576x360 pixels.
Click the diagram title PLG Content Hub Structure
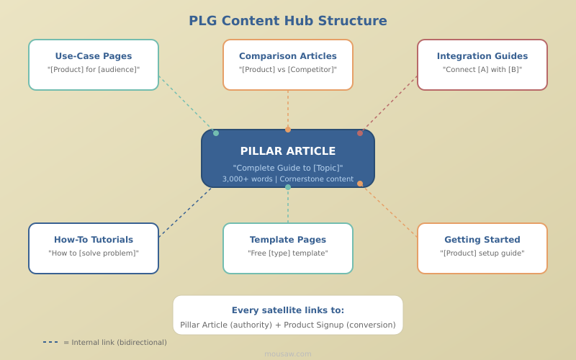[x=288, y=21]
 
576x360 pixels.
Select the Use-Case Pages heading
[x=94, y=56]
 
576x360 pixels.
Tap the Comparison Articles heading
[x=288, y=56]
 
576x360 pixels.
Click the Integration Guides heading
[x=482, y=56]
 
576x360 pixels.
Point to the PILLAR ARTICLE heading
[x=288, y=151]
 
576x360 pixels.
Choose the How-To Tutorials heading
[x=94, y=240]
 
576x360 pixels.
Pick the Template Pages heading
[x=288, y=240]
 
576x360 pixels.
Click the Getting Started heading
[x=482, y=240]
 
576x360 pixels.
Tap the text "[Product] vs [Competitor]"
[x=288, y=70]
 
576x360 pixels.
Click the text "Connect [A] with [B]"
[x=482, y=70]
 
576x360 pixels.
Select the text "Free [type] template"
[x=288, y=253]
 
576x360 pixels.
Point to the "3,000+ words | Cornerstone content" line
[x=288, y=179]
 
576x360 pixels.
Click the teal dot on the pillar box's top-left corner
[x=216, y=133]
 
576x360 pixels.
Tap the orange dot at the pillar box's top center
[x=288, y=130]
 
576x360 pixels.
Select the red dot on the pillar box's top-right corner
[x=360, y=133]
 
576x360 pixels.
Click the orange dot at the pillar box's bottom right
[x=360, y=184]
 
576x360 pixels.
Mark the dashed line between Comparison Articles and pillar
[x=288, y=109]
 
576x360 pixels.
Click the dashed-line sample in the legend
[x=50, y=342]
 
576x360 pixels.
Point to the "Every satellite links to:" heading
[x=288, y=310]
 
